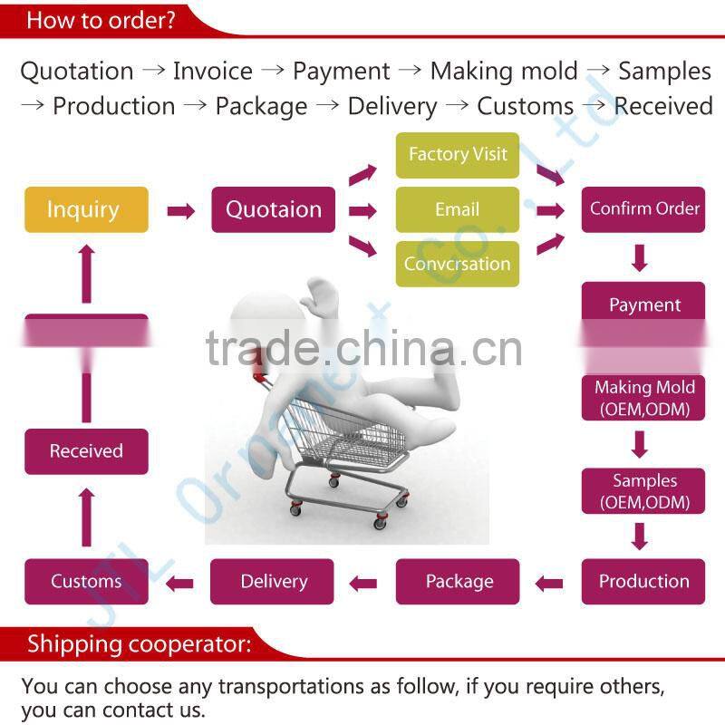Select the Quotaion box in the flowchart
273,209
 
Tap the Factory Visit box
458,155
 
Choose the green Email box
458,209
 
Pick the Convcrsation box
458,264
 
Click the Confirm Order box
644,208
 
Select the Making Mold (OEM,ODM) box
644,398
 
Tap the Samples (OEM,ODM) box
644,491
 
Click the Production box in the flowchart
644,581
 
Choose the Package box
458,581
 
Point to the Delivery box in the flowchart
273,581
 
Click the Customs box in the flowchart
86,581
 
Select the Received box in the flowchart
86,451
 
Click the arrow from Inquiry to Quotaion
180,211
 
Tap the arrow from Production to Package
549,584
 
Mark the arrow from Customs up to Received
87,517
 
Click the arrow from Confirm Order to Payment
641,257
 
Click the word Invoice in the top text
213,71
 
